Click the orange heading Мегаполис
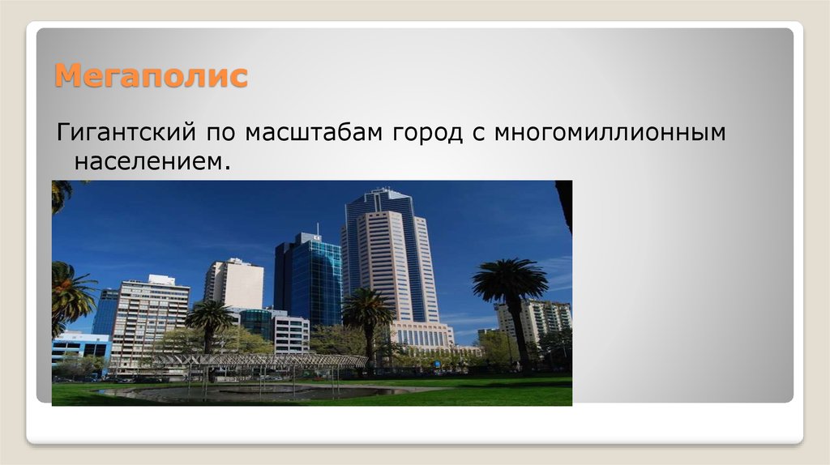(x=151, y=77)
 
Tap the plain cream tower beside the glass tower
(x=234, y=283)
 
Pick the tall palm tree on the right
(x=511, y=292)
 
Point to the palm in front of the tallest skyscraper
(x=368, y=312)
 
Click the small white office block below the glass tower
(x=291, y=332)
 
